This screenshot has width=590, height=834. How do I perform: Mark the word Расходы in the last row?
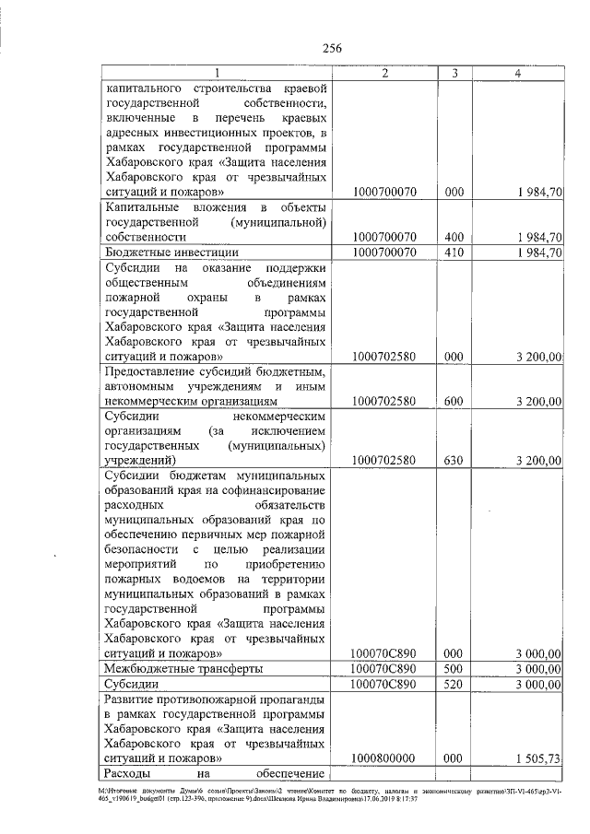point(131,773)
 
